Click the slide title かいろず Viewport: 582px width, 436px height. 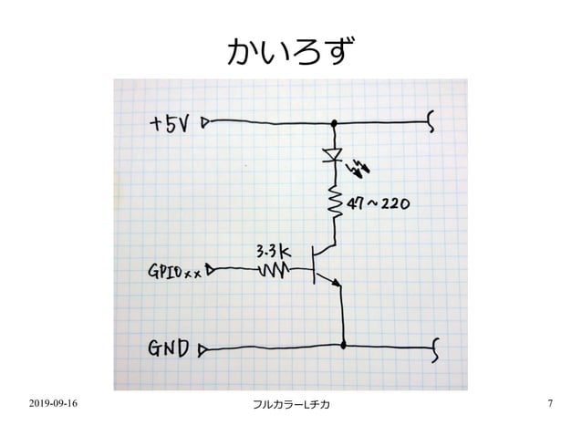pos(290,52)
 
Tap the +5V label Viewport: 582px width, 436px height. pos(171,123)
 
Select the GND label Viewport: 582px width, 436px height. pos(169,348)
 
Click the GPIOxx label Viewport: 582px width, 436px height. pos(174,271)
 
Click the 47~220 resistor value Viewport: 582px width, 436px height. pos(377,205)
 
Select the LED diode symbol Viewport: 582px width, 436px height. pos(334,156)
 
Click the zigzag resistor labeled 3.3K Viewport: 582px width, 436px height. pos(274,270)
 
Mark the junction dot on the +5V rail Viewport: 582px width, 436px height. pos(334,122)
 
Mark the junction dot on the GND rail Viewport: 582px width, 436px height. pos(343,346)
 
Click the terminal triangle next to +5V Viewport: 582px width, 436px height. pos(206,122)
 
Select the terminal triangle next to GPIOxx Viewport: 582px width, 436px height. pos(211,269)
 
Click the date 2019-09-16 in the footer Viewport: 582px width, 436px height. pos(52,402)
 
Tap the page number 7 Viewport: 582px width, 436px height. pos(550,402)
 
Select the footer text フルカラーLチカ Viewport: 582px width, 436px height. pos(290,403)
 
